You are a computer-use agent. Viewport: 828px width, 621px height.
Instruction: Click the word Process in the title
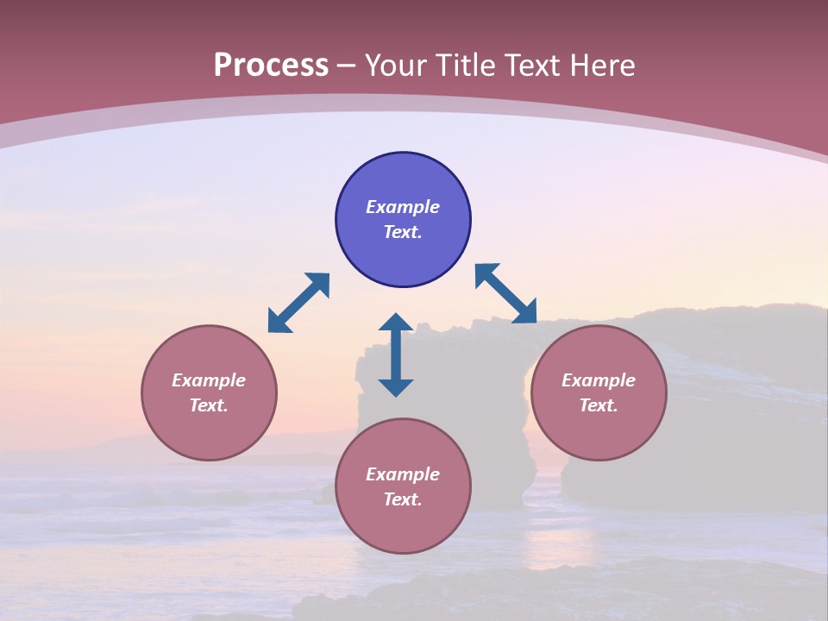(271, 66)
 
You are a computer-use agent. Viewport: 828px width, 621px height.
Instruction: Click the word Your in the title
(397, 66)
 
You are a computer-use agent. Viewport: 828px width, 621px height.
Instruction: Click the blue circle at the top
(403, 177)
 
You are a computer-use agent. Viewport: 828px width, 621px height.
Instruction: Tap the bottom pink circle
(403, 526)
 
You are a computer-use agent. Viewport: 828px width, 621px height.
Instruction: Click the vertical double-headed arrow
(396, 354)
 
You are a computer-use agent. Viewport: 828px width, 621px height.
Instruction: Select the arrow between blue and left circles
(298, 303)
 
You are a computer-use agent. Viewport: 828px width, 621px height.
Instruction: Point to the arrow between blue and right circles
(505, 293)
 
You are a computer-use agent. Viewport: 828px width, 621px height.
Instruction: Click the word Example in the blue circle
(403, 207)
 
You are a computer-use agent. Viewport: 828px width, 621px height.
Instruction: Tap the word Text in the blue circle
(403, 232)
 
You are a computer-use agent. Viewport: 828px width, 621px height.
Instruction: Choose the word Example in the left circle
(209, 380)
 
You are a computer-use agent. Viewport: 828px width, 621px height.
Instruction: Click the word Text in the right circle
(599, 405)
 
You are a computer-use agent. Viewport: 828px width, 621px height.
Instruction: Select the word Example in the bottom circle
(403, 474)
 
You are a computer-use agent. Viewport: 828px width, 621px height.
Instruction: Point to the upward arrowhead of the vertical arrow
(396, 322)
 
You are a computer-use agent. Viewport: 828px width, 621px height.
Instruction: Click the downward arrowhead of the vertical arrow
(396, 387)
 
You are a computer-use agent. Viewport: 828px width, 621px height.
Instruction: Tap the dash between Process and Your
(347, 66)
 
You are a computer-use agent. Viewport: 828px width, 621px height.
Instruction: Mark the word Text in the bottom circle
(403, 499)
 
